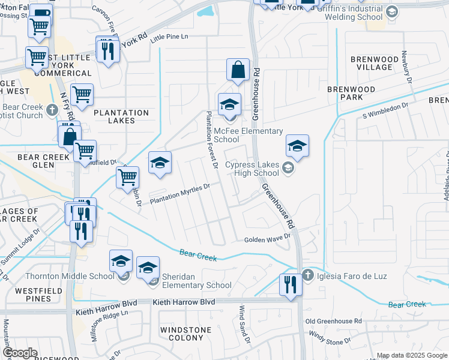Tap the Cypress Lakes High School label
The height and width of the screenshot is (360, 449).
click(252, 169)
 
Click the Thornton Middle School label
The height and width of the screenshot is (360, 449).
click(69, 276)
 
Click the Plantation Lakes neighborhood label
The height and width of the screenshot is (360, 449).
click(121, 116)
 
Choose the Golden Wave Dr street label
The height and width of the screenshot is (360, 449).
click(267, 239)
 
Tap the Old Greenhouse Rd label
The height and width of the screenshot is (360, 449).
click(333, 322)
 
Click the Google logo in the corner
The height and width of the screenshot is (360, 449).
click(20, 353)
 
